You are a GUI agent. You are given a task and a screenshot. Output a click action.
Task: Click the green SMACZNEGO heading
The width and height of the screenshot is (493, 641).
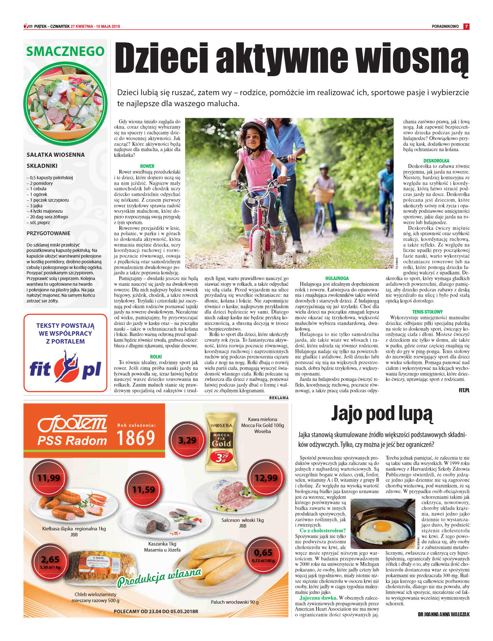click(65, 52)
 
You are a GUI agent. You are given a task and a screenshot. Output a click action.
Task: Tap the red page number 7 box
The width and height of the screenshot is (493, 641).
click(466, 27)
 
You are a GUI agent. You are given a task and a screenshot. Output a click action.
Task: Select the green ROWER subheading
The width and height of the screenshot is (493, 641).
click(147, 166)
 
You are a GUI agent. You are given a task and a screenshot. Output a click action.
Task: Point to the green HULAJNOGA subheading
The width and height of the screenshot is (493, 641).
click(337, 278)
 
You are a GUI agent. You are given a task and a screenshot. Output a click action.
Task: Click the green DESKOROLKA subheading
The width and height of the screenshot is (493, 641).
click(436, 161)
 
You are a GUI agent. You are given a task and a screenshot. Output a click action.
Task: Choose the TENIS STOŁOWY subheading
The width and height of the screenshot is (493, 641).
click(427, 312)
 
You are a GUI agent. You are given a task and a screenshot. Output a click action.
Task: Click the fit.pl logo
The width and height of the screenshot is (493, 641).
click(65, 367)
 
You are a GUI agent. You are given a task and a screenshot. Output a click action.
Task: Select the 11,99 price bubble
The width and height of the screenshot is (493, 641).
click(48, 478)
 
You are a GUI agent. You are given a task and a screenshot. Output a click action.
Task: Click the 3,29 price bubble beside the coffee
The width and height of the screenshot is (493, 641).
click(187, 440)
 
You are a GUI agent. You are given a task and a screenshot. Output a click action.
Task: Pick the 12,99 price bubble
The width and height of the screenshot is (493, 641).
click(266, 478)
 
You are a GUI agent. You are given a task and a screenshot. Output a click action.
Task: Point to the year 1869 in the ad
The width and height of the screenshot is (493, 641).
click(136, 438)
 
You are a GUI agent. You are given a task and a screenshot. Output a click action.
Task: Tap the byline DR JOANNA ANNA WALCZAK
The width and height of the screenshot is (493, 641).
click(444, 614)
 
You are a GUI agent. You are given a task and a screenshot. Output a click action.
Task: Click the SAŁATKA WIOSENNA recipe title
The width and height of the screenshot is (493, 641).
click(56, 155)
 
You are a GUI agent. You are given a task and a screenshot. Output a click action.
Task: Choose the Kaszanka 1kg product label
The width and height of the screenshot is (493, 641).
click(162, 544)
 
